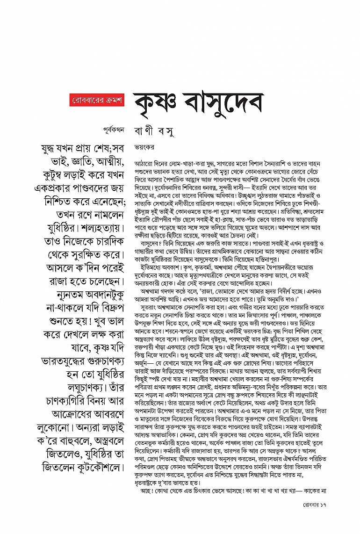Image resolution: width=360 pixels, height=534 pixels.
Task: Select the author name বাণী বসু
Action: click(153, 128)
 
